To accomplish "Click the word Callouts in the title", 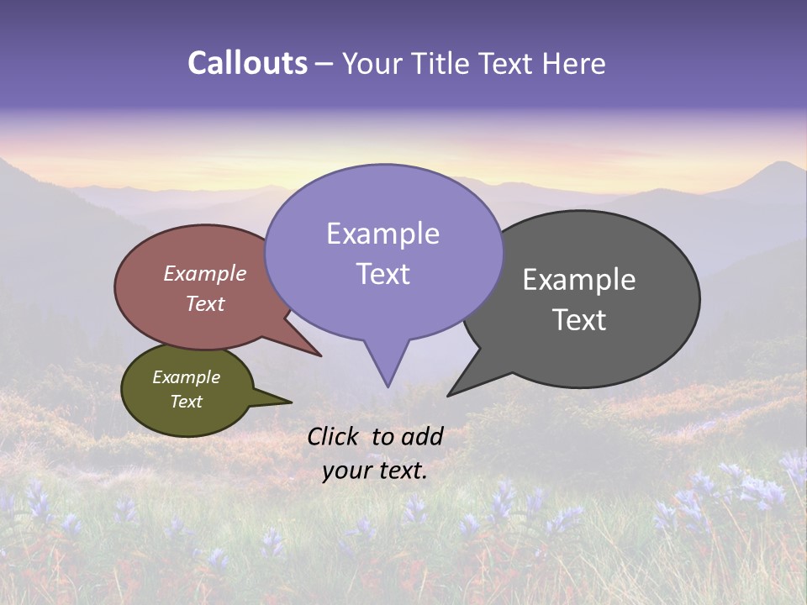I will click(247, 63).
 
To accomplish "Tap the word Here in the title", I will click(574, 63).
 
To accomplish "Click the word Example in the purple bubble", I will click(382, 234).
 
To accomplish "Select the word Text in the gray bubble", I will click(579, 320).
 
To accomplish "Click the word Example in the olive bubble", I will click(186, 377).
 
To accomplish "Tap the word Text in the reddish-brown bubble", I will click(205, 303).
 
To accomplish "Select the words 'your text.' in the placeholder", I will click(375, 471).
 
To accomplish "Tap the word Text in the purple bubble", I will click(382, 274).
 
